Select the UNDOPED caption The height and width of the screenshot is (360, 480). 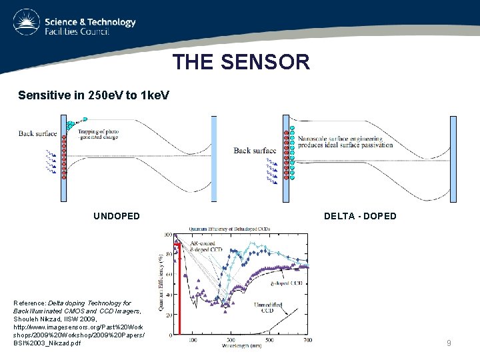[117, 216]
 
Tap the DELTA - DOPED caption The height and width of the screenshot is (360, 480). [360, 216]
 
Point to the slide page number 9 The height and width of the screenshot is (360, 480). [449, 343]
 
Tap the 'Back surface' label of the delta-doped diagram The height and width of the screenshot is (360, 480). [254, 151]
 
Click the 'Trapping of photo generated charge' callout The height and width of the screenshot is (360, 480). [99, 135]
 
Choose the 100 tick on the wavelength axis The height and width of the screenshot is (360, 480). [193, 340]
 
